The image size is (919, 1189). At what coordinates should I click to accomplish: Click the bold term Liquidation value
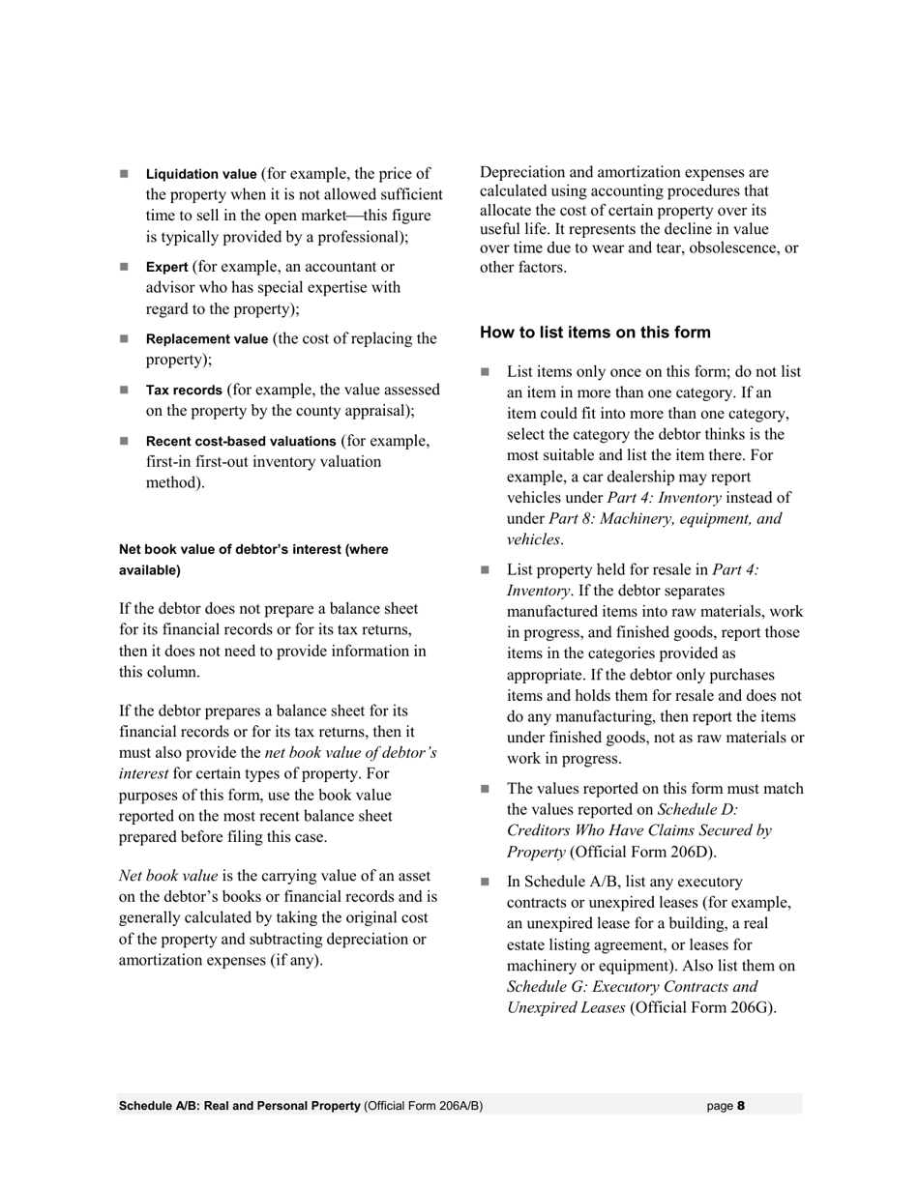pos(201,174)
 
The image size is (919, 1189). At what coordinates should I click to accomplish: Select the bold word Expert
pos(166,267)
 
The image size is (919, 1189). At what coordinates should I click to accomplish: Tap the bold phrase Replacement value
pos(207,339)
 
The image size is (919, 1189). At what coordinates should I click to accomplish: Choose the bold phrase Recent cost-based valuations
pos(241,442)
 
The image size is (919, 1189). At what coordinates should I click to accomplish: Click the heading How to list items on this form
pos(595,333)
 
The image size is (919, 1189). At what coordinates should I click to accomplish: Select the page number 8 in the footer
pos(741,1106)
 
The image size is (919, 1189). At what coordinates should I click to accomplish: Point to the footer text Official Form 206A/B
pos(424,1106)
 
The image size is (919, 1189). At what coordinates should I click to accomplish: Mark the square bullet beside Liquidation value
pos(124,174)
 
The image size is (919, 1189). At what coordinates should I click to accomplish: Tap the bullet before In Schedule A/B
pos(486,882)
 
